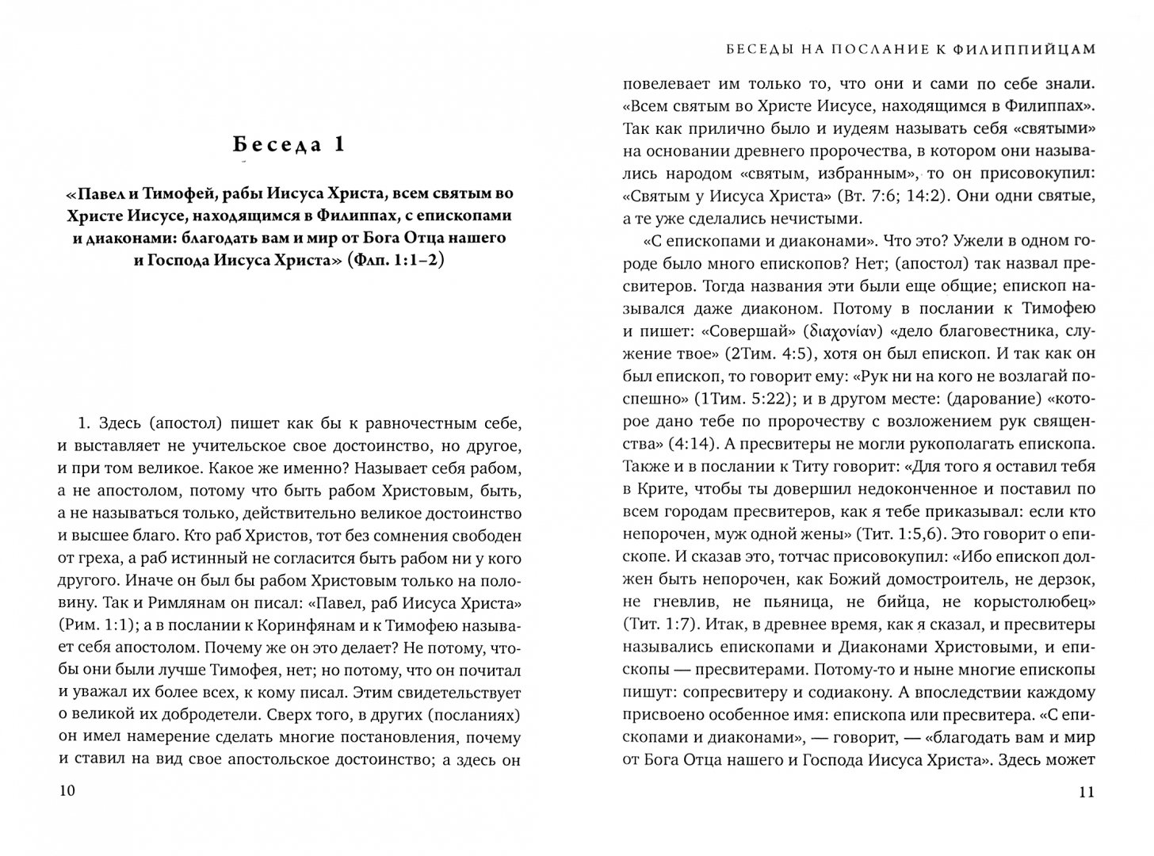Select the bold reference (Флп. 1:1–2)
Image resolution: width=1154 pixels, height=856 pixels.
point(395,260)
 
